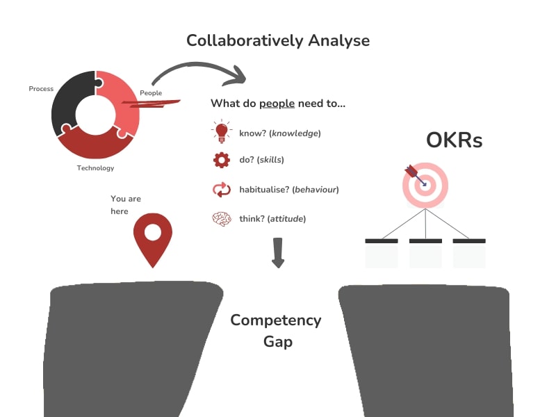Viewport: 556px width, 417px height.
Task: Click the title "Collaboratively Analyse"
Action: (x=278, y=40)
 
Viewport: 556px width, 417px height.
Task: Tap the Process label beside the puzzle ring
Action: (x=41, y=89)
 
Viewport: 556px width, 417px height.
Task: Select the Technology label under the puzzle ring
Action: (x=95, y=168)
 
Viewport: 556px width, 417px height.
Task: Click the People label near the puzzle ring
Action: (x=151, y=93)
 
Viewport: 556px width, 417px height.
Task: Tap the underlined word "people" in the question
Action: (x=277, y=104)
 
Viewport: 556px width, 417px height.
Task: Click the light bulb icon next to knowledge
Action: (x=222, y=131)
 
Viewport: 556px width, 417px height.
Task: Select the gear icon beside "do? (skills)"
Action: (x=222, y=160)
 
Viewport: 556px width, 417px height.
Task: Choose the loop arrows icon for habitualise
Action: (x=222, y=189)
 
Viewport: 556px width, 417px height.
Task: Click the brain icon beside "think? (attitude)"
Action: (x=222, y=219)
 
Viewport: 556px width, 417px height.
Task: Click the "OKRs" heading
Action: (x=454, y=141)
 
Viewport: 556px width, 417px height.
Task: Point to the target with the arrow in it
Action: (x=425, y=184)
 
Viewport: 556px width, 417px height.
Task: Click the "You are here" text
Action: (x=126, y=205)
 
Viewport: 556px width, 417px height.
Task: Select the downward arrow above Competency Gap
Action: (x=278, y=252)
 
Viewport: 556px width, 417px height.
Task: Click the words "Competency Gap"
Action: (x=276, y=331)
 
